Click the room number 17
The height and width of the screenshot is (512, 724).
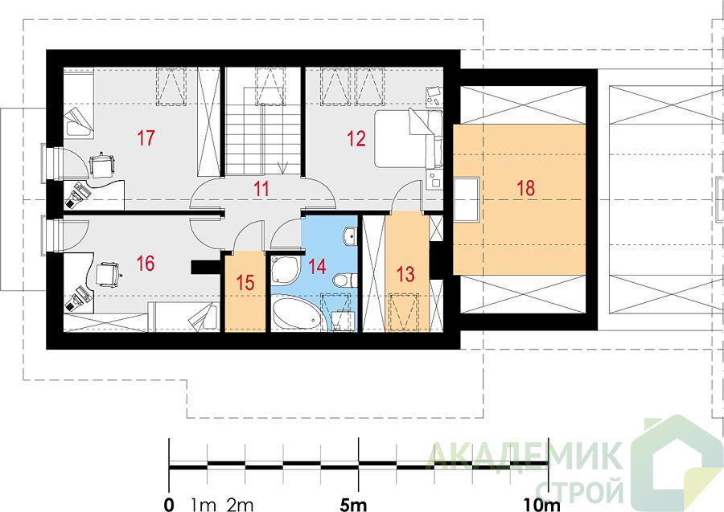coord(146,138)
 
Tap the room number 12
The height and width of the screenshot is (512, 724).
coord(356,138)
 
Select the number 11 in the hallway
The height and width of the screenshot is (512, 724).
coord(261,189)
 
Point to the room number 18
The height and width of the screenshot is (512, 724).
coord(525,188)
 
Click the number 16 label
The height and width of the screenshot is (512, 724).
coord(146,264)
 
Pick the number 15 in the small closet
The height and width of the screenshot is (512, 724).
coord(245,283)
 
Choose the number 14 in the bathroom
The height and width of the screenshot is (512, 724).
coord(318,266)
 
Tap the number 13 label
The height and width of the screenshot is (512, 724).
coord(405,274)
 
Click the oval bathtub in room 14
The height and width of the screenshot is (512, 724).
coord(295,315)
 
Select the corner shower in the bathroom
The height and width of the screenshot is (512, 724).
coord(283,270)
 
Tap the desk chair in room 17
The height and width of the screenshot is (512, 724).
coord(101,165)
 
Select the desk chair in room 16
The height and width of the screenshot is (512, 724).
coord(108,274)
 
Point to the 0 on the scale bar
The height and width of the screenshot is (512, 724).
coord(170,505)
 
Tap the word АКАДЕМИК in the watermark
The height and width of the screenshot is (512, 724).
coord(523,457)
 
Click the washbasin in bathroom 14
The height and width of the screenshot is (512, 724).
coord(350,236)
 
